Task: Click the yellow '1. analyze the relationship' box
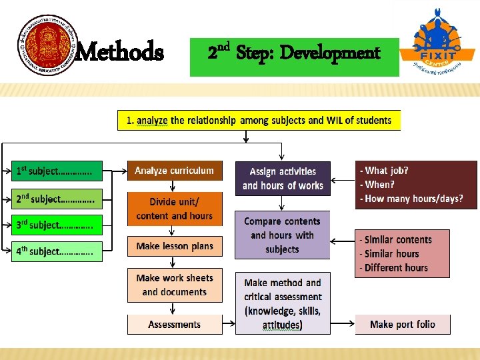(x=259, y=120)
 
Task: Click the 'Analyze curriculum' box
(x=175, y=171)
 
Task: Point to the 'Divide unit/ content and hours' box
(x=175, y=208)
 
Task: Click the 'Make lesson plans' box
(x=175, y=247)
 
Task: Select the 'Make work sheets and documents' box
(x=175, y=285)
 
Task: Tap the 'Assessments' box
(x=175, y=325)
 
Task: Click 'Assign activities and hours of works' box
(x=283, y=178)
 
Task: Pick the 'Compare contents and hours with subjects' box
(x=283, y=235)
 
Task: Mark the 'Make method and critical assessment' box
(x=283, y=303)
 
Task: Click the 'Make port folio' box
(x=402, y=325)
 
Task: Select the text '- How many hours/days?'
(x=411, y=199)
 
